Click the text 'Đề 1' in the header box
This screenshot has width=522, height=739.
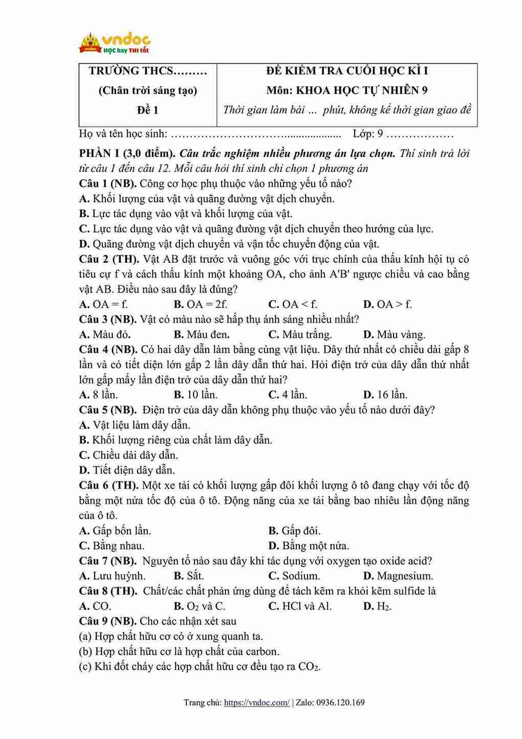pyautogui.click(x=147, y=110)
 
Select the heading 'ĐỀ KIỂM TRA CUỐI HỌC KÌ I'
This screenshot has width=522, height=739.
pyautogui.click(x=347, y=71)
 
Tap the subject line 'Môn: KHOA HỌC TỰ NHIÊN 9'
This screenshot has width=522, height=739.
pyautogui.click(x=347, y=91)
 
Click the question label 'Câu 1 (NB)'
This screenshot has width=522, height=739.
pyautogui.click(x=107, y=183)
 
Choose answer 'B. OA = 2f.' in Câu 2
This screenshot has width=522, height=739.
pyautogui.click(x=200, y=304)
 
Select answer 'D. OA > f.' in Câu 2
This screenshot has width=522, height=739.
pyautogui.click(x=387, y=304)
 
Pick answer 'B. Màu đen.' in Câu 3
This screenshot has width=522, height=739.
pyautogui.click(x=201, y=334)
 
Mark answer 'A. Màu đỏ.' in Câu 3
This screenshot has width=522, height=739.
pyautogui.click(x=105, y=334)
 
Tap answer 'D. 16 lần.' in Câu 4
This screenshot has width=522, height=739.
pyautogui.click(x=385, y=395)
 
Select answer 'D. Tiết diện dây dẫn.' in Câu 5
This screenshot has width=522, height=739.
pyautogui.click(x=127, y=470)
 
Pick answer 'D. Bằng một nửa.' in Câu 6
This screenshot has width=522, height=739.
pyautogui.click(x=309, y=546)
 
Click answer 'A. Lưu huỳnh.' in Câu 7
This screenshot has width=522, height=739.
pyautogui.click(x=112, y=576)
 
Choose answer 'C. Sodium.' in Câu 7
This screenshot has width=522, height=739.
pyautogui.click(x=294, y=576)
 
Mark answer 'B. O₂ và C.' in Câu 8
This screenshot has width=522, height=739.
pyautogui.click(x=200, y=606)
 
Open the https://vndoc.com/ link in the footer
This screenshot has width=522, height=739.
pyautogui.click(x=257, y=703)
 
